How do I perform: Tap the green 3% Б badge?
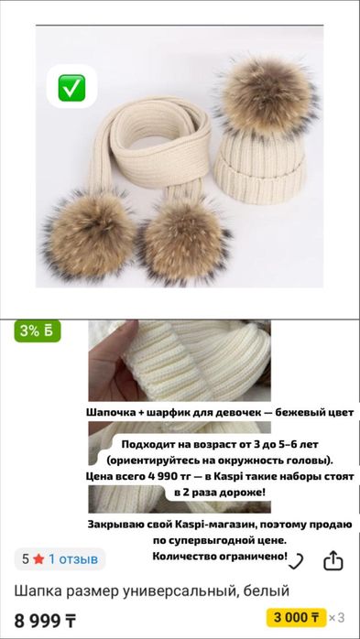pyautogui.click(x=38, y=331)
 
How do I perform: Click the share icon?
pyautogui.click(x=334, y=559)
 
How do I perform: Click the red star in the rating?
pyautogui.click(x=38, y=558)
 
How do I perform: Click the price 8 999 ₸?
pyautogui.click(x=46, y=620)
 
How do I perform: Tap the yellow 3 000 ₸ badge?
pyautogui.click(x=295, y=617)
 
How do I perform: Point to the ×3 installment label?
pyautogui.click(x=337, y=617)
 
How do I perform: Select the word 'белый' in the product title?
pyautogui.click(x=267, y=590)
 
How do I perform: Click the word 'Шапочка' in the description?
pyautogui.click(x=116, y=414)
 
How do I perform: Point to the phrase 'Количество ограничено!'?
pyautogui.click(x=220, y=556)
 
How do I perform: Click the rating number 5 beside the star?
pyautogui.click(x=26, y=558)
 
